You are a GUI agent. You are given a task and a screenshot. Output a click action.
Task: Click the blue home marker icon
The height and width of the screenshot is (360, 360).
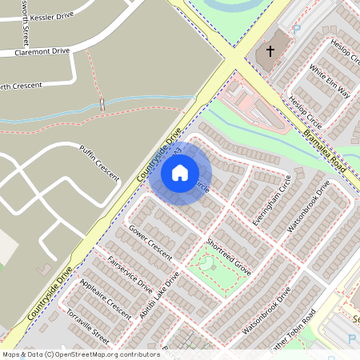click(x=180, y=173)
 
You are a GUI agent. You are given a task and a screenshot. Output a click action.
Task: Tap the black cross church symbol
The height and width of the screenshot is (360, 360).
click(x=270, y=51)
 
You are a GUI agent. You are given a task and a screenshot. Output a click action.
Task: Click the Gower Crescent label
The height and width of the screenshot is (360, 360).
click(x=150, y=242)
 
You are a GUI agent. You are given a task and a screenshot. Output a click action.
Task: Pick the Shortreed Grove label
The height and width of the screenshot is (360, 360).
click(x=228, y=256)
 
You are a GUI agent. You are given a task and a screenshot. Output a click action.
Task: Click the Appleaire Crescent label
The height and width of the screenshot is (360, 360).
click(x=106, y=297)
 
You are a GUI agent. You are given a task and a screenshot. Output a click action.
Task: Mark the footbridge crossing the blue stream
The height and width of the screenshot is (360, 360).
click(x=102, y=104)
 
